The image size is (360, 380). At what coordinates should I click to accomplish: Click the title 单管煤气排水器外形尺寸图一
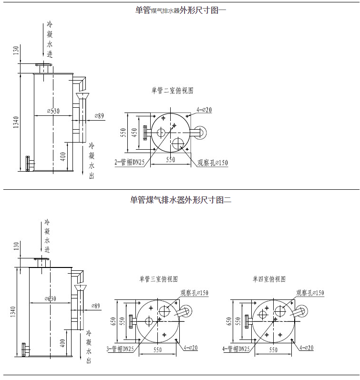click(180, 10)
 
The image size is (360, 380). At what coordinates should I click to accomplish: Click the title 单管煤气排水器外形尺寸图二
click(180, 200)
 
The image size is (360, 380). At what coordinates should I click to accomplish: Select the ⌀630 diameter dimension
click(50, 298)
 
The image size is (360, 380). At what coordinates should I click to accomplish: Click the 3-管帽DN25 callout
click(121, 349)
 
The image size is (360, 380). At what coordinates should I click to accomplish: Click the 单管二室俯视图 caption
click(172, 90)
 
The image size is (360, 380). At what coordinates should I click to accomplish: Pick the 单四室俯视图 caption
click(269, 279)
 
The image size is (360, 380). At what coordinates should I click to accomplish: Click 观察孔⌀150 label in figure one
click(213, 163)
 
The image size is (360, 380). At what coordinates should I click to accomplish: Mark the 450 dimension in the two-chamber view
click(134, 132)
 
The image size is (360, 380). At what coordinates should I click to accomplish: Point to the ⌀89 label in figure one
click(99, 115)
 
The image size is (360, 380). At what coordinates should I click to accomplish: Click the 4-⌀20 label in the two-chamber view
click(204, 110)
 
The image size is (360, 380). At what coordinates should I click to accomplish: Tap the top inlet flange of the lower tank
click(42, 259)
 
